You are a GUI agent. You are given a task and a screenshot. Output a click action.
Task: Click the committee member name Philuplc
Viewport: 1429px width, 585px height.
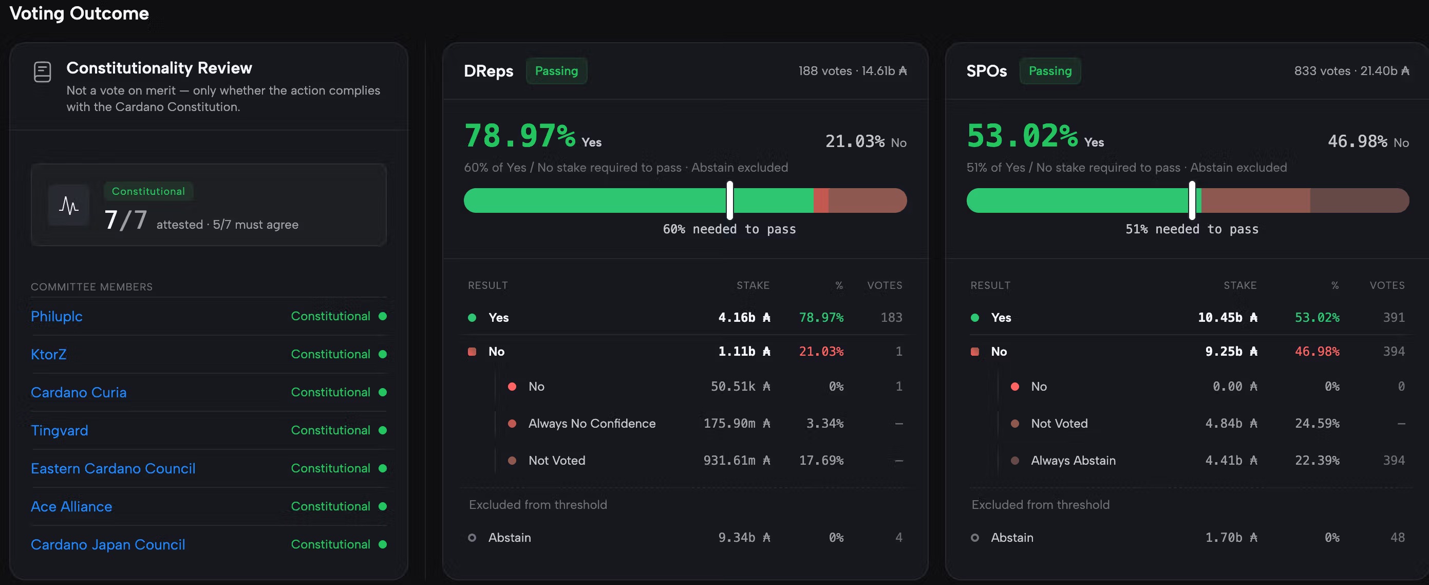point(57,316)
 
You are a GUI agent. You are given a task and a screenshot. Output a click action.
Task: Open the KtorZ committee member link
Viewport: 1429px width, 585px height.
point(48,354)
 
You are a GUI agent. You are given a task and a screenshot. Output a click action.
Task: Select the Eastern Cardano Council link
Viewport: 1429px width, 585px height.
point(113,468)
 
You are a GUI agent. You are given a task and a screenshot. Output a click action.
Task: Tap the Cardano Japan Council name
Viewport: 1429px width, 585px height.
point(108,544)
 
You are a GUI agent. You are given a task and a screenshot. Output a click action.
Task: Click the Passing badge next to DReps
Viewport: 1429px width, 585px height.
point(556,71)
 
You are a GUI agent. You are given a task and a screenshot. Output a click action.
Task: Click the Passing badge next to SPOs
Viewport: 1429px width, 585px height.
point(1050,71)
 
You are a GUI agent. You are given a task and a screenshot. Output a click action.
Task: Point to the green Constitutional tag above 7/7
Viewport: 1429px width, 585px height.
point(148,191)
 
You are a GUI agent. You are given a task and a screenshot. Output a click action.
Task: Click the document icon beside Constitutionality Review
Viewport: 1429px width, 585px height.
point(42,72)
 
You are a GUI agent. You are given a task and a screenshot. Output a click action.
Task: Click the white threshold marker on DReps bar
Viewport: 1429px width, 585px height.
point(730,200)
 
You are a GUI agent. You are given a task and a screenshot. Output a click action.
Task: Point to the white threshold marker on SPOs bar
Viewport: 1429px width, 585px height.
point(1192,200)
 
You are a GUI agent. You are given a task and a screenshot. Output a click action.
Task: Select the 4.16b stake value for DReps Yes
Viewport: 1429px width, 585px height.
point(744,318)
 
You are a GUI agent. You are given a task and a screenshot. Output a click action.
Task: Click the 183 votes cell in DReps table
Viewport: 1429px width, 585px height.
point(892,318)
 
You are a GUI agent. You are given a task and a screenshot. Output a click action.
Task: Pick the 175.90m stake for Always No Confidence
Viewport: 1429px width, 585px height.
point(737,424)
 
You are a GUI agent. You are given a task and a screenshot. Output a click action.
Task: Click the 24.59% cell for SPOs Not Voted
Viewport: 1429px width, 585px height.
point(1317,424)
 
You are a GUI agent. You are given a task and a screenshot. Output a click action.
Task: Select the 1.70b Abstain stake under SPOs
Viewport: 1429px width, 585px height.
point(1231,538)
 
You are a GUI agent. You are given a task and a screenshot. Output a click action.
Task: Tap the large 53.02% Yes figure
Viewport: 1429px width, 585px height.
point(1022,136)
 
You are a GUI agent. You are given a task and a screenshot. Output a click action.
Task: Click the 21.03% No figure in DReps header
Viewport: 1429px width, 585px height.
point(855,141)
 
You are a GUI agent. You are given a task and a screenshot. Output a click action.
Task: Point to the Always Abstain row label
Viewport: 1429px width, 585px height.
point(1073,461)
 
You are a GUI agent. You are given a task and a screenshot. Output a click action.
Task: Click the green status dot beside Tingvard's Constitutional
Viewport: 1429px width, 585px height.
point(382,430)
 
